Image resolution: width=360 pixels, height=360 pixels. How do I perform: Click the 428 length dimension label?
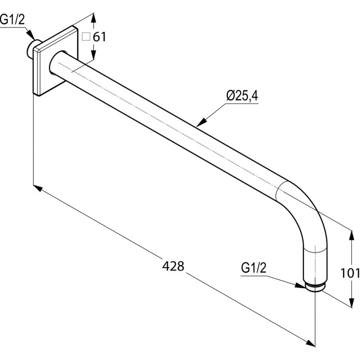pos(173,266)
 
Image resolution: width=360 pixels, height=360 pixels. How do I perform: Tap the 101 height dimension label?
pos(350,273)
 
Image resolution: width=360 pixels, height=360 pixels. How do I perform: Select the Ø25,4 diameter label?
pos(242,96)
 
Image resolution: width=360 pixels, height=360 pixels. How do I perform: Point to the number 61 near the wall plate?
pos(99,37)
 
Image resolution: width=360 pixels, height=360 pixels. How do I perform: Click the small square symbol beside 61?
pos(86,37)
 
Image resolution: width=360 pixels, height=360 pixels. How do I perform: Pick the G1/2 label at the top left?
pos(12,19)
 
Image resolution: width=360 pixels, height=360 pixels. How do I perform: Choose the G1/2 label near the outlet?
pos(254,268)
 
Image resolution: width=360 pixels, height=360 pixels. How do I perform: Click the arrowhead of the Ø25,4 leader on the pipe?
pos(201,123)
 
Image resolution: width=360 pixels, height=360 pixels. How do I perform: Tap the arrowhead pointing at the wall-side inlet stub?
pos(30,35)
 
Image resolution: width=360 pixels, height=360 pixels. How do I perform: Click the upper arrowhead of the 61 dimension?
pos(93,18)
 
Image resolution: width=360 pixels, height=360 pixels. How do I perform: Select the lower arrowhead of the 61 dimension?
pos(94,54)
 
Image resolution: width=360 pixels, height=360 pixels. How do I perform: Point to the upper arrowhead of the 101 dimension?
pos(351,235)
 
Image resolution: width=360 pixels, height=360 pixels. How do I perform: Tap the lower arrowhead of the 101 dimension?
pos(351,302)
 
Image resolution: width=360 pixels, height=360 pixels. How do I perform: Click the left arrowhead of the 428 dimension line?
pos(38,188)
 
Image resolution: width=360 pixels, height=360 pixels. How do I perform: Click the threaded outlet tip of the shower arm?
pos(315,288)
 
